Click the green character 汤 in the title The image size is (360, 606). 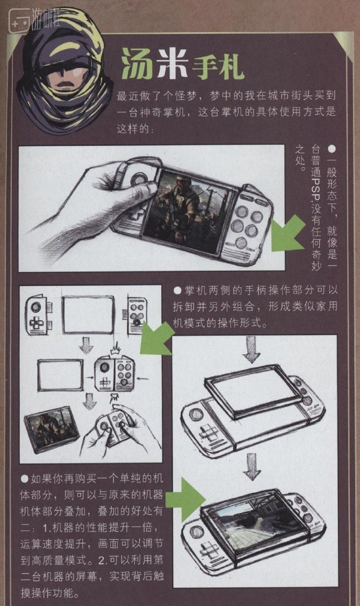(x=137, y=64)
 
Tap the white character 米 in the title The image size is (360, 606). (x=173, y=63)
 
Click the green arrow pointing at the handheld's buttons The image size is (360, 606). (x=288, y=234)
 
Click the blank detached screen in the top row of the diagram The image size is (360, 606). (x=88, y=314)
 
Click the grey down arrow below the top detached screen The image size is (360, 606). (x=87, y=345)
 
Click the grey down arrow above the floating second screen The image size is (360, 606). (x=252, y=349)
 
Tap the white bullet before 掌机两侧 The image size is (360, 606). (x=177, y=290)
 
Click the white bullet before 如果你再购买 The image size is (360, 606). (x=24, y=479)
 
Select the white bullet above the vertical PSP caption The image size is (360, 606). (x=332, y=149)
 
